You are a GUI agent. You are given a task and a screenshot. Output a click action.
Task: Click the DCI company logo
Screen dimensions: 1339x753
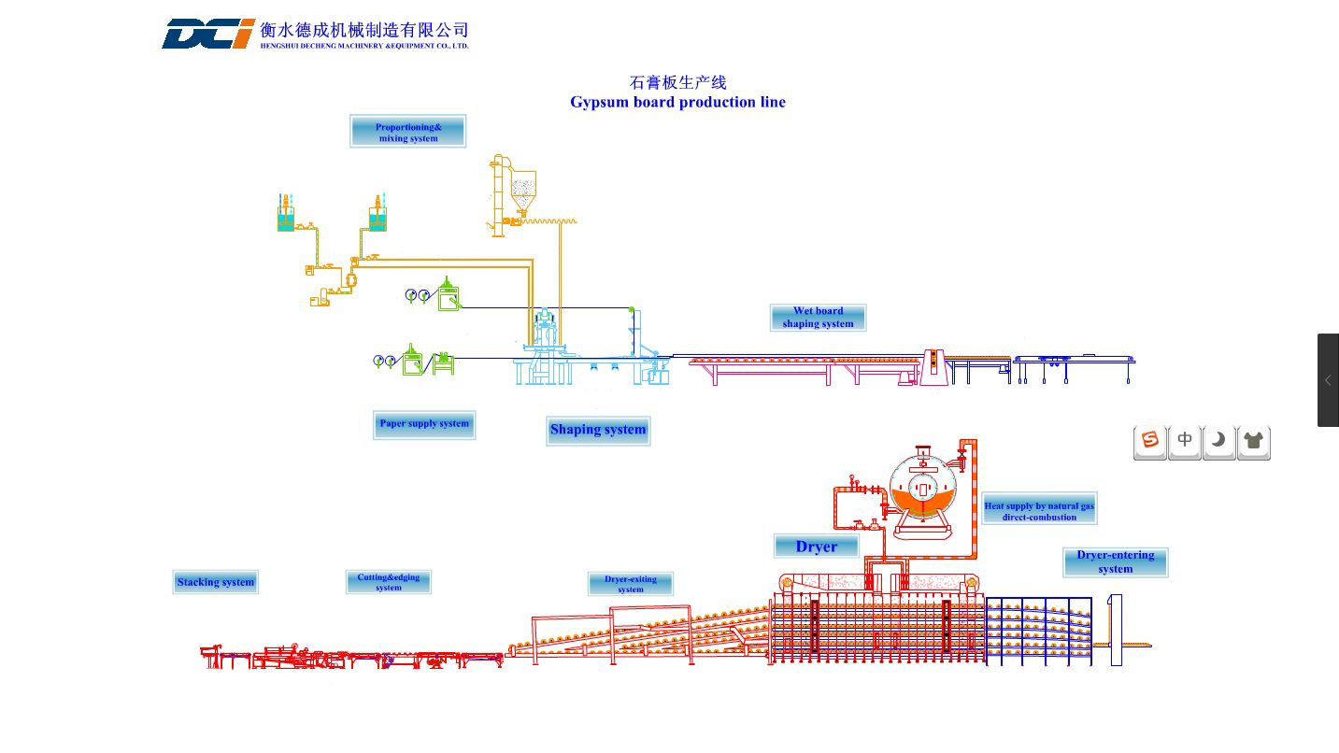click(x=208, y=34)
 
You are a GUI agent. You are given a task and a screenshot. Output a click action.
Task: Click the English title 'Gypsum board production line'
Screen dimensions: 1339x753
click(x=677, y=102)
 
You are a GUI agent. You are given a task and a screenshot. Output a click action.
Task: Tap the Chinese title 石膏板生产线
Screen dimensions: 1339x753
click(x=677, y=82)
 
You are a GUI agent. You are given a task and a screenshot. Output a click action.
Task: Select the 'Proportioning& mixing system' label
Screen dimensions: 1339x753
click(x=407, y=132)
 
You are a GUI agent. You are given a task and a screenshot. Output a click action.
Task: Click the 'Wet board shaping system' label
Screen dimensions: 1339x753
click(x=818, y=318)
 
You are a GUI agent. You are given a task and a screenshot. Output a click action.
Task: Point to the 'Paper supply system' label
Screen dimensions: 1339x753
click(x=424, y=424)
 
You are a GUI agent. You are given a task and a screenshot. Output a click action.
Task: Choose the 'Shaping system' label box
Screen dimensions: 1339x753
click(x=598, y=431)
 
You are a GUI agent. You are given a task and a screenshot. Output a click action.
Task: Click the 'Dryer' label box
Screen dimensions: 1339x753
click(x=816, y=547)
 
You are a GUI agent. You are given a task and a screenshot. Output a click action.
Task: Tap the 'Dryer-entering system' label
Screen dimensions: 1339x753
click(x=1116, y=562)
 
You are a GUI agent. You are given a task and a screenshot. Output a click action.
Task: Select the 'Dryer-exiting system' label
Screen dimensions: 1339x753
click(x=631, y=584)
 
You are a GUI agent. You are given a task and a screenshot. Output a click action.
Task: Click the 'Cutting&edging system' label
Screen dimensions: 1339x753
click(x=389, y=582)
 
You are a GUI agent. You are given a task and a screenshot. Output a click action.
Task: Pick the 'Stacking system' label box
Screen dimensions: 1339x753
click(x=215, y=582)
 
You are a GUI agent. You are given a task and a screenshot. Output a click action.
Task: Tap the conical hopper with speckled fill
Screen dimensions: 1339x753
click(x=523, y=191)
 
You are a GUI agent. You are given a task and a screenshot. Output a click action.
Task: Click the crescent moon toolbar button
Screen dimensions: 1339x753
click(x=1218, y=442)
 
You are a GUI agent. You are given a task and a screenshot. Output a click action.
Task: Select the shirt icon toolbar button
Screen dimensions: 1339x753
click(x=1254, y=442)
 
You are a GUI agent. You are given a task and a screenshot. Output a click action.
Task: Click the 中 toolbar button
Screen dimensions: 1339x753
click(x=1184, y=442)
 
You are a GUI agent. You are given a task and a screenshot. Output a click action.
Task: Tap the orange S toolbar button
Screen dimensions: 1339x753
click(x=1149, y=442)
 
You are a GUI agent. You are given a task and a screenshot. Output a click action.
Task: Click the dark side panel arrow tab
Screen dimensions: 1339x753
click(x=1328, y=380)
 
